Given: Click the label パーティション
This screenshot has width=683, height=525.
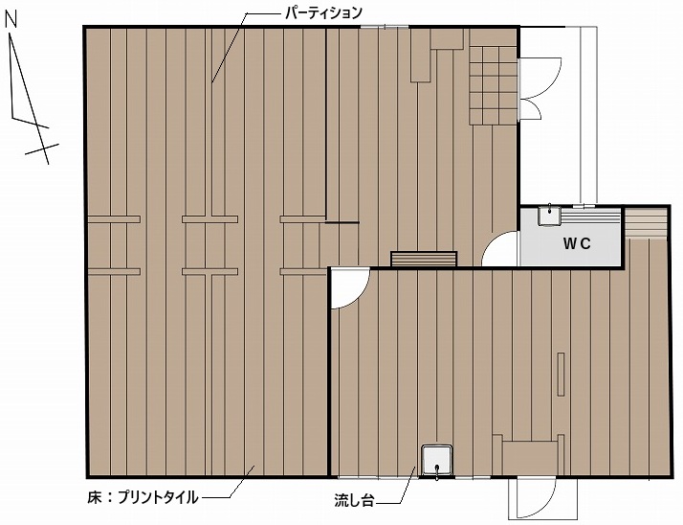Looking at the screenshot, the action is (x=323, y=13).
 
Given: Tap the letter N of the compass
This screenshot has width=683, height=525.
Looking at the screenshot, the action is (x=11, y=19).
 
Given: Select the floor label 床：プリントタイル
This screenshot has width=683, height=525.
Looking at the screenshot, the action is (x=143, y=497).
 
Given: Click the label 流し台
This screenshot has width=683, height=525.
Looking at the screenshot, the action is (x=354, y=500).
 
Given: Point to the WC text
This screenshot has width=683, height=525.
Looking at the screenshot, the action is (x=577, y=243).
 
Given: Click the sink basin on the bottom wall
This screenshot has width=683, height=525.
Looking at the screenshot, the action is (x=437, y=462).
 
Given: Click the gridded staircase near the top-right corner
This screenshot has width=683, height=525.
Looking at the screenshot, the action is (x=493, y=85).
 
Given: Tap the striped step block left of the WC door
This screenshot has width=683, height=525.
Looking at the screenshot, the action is (x=424, y=259).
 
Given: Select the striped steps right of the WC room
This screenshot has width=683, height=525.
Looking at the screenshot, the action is (x=646, y=223).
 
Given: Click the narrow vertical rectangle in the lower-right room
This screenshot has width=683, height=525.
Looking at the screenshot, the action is (x=561, y=374).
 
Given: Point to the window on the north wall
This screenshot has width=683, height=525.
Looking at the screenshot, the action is (x=386, y=27).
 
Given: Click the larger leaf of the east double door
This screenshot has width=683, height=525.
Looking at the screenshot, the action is (x=540, y=79).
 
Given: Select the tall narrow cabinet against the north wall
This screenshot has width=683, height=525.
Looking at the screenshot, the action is (x=421, y=55).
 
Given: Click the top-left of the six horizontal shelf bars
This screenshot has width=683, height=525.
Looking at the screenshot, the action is (x=114, y=219).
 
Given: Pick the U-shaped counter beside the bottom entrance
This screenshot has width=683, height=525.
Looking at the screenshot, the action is (x=528, y=454).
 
